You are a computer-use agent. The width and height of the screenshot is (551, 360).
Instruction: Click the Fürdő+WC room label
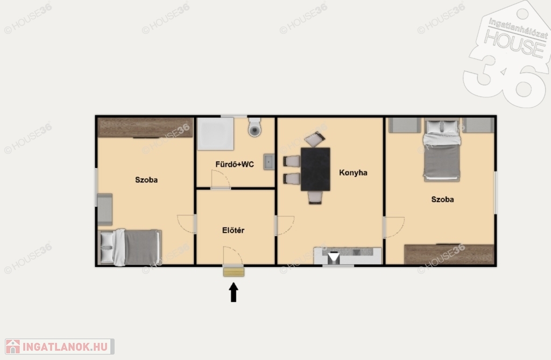point(235,164)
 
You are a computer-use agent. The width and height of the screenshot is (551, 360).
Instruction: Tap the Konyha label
point(353,173)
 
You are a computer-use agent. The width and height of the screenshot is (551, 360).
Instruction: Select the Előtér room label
point(234,230)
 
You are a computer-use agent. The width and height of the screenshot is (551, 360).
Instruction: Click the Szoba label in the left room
point(146,180)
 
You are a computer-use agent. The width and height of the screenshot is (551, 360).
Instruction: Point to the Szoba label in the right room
point(442,199)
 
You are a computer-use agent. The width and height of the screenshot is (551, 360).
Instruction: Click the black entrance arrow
point(234,292)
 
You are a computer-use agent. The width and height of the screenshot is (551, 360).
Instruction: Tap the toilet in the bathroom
point(255,128)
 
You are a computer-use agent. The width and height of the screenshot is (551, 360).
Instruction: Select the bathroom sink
point(269,162)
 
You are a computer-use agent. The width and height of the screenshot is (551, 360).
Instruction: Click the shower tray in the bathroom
point(215,134)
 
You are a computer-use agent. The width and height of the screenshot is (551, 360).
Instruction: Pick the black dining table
point(315,169)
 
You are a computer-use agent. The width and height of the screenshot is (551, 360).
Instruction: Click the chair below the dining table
point(315,197)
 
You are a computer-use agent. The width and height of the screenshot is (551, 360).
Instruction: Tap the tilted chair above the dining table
point(315,139)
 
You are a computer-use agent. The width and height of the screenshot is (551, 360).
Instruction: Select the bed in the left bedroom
point(130,247)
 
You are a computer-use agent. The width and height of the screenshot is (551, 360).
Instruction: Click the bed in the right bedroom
point(442,151)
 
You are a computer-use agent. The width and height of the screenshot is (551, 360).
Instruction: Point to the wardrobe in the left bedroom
point(145,128)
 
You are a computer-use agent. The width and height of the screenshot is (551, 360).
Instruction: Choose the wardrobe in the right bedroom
point(449,254)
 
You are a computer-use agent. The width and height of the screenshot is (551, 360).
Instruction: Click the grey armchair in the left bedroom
point(105,209)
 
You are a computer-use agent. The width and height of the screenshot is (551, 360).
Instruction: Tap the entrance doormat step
point(234,272)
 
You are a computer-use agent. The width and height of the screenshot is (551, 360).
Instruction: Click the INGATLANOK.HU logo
point(60,347)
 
